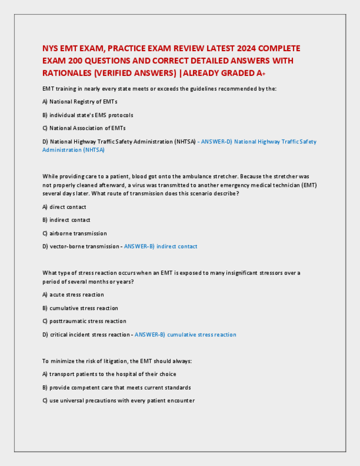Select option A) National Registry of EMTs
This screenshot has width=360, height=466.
(x=80, y=102)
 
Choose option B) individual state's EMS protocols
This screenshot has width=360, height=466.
(x=87, y=115)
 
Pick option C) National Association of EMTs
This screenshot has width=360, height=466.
(x=84, y=128)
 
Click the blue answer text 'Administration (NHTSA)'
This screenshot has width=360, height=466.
(x=73, y=150)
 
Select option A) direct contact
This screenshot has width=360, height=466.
(x=64, y=207)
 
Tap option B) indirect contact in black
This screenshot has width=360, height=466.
(x=67, y=220)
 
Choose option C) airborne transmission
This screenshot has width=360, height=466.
(x=75, y=233)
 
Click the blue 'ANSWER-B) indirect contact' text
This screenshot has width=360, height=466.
(x=160, y=246)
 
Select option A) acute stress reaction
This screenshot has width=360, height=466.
(x=73, y=295)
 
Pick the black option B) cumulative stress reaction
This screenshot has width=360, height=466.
(x=80, y=308)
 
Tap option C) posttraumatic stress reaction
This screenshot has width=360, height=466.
(x=84, y=321)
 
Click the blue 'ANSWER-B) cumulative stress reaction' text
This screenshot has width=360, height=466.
(x=185, y=334)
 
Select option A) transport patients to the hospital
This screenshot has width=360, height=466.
(x=109, y=374)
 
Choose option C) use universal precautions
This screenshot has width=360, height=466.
(x=118, y=401)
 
